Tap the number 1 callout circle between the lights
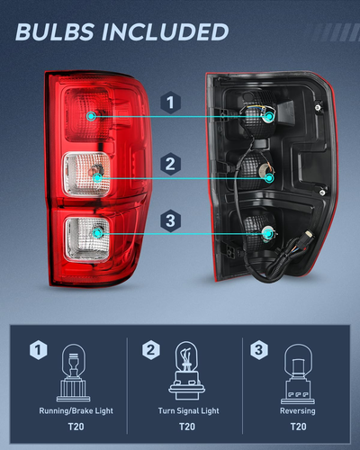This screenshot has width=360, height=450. [168, 103]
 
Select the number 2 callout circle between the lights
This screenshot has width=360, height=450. [168, 164]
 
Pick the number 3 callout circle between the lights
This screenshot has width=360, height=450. [168, 219]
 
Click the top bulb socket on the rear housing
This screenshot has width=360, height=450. [266, 115]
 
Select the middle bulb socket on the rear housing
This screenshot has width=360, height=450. [267, 177]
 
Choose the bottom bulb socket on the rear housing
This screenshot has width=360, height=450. [266, 233]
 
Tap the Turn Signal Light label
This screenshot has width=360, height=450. [186, 409]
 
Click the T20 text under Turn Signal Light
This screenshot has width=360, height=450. [186, 427]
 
